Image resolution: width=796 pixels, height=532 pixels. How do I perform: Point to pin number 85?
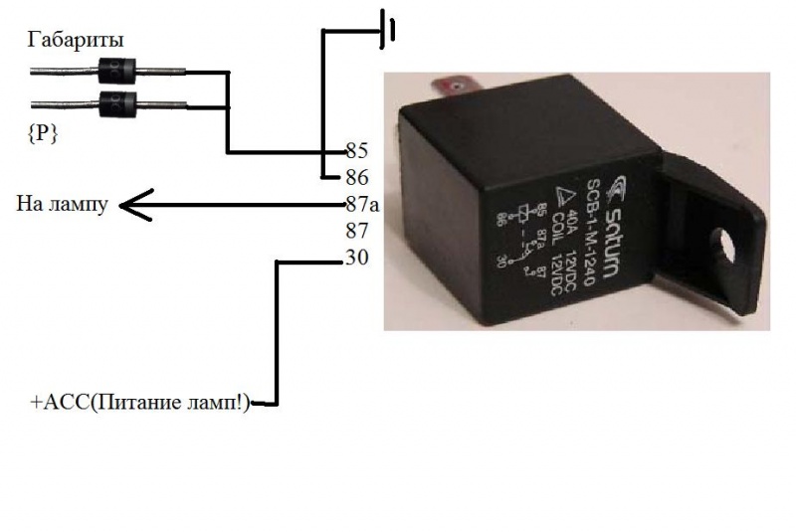(356, 151)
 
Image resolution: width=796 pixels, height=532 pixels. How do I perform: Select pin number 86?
(356, 178)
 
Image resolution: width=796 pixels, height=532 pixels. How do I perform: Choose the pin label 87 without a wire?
(356, 233)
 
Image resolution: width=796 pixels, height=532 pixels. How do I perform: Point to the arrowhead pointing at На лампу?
(131, 206)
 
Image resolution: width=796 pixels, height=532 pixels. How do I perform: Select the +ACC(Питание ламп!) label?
(141, 403)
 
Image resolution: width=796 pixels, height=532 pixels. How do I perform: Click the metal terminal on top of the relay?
(453, 88)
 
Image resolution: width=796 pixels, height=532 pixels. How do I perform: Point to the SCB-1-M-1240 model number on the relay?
(589, 230)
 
